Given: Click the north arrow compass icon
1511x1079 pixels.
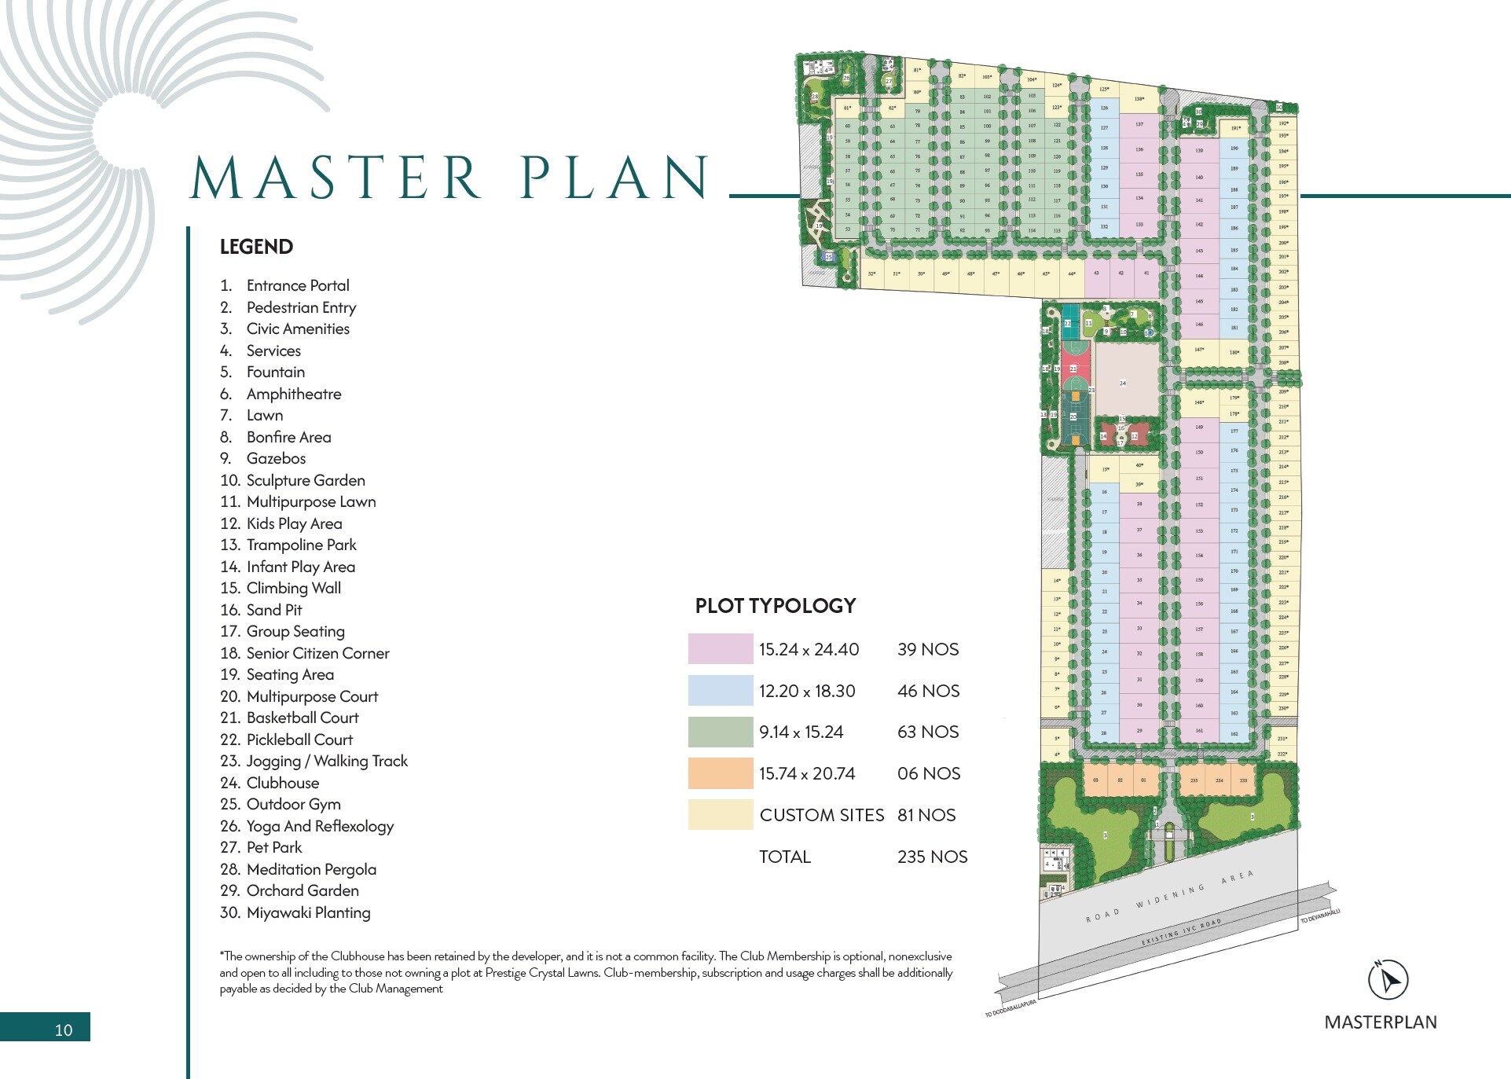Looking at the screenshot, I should [1388, 979].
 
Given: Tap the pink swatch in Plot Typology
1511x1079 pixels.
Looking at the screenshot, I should [720, 649].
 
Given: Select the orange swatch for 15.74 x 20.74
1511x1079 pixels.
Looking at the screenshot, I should [720, 773].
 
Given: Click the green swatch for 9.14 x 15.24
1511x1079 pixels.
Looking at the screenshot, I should [720, 732].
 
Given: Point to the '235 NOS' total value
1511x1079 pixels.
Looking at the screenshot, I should [932, 857].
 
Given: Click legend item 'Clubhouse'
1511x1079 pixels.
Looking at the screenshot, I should [282, 783].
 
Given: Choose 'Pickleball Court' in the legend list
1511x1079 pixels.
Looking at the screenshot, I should [299, 740].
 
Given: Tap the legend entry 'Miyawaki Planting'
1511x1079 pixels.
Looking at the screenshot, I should [308, 912].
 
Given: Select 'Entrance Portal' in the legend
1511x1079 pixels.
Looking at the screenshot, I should [298, 285].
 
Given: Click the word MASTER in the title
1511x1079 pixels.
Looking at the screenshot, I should [336, 178].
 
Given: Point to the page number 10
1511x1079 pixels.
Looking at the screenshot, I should [64, 1029].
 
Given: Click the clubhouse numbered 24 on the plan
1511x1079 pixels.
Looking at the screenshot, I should [1124, 384].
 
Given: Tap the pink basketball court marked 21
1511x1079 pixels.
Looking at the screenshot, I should [1074, 369].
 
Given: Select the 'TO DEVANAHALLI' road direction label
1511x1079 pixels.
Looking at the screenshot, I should [1319, 916].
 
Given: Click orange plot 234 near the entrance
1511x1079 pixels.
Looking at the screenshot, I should [1219, 781].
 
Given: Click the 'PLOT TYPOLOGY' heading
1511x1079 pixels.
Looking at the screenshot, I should [775, 606].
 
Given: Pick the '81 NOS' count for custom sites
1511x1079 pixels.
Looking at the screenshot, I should [926, 815].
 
